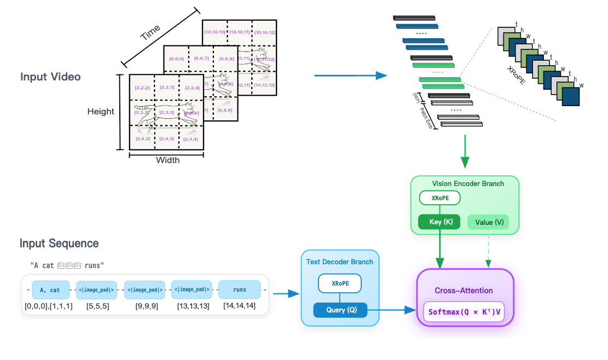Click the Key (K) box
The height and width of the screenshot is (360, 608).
click(439, 222)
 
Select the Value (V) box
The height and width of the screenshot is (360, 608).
click(488, 222)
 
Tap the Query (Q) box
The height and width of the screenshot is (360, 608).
click(340, 310)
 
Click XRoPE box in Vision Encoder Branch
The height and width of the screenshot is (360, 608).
click(439, 198)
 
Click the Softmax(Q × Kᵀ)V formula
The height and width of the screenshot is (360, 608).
click(464, 312)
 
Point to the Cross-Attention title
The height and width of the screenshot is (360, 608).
click(464, 291)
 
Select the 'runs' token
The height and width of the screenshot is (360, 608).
click(240, 289)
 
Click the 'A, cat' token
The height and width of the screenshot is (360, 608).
click(50, 289)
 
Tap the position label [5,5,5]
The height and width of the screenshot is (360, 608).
click(97, 306)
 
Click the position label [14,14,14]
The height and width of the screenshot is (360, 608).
click(240, 306)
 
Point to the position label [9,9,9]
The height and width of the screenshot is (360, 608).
click(146, 306)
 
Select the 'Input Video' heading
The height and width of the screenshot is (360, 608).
click(50, 77)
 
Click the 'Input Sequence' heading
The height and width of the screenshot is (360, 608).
click(59, 243)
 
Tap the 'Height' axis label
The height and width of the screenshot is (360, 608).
click(101, 112)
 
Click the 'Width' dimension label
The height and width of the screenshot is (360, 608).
click(167, 160)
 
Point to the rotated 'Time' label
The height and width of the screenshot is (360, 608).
click(150, 33)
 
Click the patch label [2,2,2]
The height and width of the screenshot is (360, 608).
click(143, 88)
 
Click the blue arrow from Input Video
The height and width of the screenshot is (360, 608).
click(351, 76)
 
